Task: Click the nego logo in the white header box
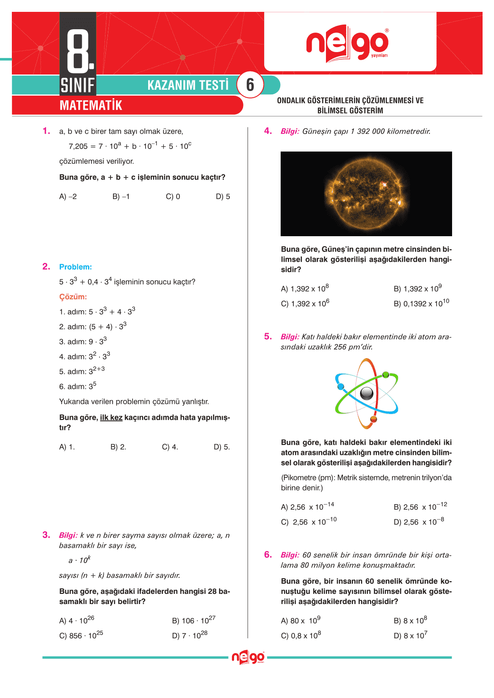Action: [347, 43]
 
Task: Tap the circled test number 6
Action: [250, 85]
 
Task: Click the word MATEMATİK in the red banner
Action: [91, 105]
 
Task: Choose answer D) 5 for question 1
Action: [223, 196]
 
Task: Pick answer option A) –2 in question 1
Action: [68, 196]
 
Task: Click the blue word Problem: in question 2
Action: [75, 267]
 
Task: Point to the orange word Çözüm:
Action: [73, 297]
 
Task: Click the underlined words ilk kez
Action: [111, 417]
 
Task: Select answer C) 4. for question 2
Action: [170, 447]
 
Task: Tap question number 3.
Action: [46, 535]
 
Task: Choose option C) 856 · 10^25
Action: [81, 635]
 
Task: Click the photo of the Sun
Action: [366, 194]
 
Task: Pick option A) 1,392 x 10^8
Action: [305, 289]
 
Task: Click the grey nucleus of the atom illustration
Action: [367, 393]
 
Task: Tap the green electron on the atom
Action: [386, 374]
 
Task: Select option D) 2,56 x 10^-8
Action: [419, 522]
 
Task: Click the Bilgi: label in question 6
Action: [290, 555]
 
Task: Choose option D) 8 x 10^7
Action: [410, 635]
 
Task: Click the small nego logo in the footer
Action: [248, 657]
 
